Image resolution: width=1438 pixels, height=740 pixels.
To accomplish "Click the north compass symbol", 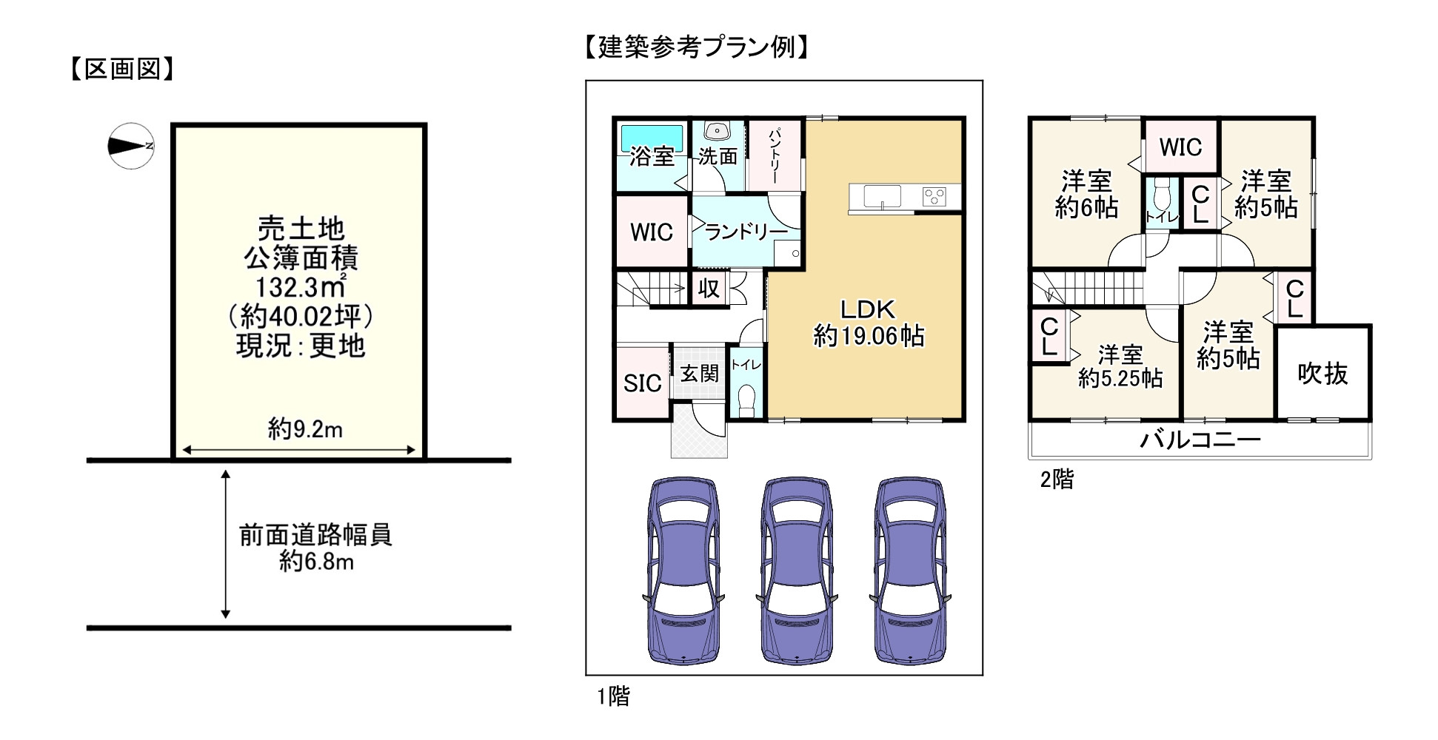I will (x=131, y=146).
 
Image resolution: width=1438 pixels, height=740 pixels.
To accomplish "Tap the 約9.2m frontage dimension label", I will (x=305, y=428).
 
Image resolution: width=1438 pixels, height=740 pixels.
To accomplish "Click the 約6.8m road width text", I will (x=316, y=562).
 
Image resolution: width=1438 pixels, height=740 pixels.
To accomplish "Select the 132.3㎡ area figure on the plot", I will (x=300, y=287).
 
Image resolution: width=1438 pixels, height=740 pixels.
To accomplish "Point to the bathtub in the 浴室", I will (x=652, y=138).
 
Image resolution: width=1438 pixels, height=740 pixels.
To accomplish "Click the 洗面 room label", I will (x=718, y=157).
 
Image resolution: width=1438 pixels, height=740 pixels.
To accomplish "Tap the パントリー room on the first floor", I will (x=775, y=156).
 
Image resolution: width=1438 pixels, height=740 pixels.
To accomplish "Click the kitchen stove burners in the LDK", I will (x=934, y=197).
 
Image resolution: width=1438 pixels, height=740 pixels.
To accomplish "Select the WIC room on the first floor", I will (x=652, y=232).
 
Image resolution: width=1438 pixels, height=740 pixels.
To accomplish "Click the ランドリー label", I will (x=746, y=232).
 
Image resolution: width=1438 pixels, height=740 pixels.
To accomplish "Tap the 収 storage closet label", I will (x=709, y=289).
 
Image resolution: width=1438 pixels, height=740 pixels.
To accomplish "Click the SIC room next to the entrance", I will (x=642, y=383).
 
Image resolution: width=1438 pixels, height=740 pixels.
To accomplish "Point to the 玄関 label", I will (x=699, y=374).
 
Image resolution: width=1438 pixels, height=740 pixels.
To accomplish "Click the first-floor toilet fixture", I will (x=746, y=400).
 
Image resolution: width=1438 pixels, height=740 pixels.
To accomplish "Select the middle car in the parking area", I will (x=797, y=570).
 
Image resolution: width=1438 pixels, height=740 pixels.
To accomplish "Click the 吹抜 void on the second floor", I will (x=1322, y=374).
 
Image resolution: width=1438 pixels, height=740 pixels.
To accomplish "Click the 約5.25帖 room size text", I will (x=1120, y=379).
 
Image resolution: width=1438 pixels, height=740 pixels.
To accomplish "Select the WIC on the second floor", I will (x=1180, y=147).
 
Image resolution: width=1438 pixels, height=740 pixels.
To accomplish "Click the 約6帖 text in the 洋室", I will (x=1086, y=209).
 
